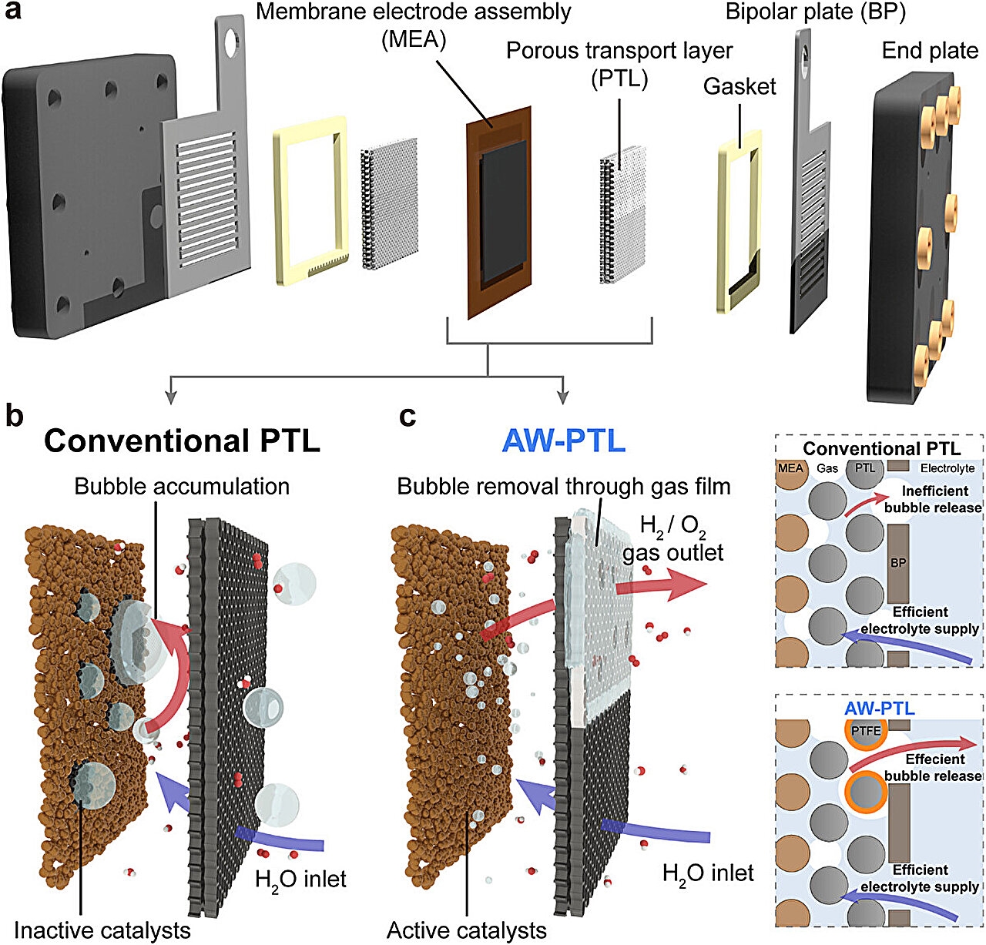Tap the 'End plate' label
click(930, 51)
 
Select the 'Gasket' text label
click(739, 86)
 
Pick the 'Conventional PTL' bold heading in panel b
click(182, 441)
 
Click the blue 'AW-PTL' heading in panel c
click(563, 441)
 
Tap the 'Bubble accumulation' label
click(182, 486)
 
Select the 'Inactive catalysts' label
click(102, 930)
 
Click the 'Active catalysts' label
click(467, 930)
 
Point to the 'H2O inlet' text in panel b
click(301, 879)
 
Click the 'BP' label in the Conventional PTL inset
click(897, 563)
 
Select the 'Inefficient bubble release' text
click(933, 499)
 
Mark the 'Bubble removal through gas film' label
click(563, 486)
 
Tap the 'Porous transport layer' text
click(619, 52)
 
